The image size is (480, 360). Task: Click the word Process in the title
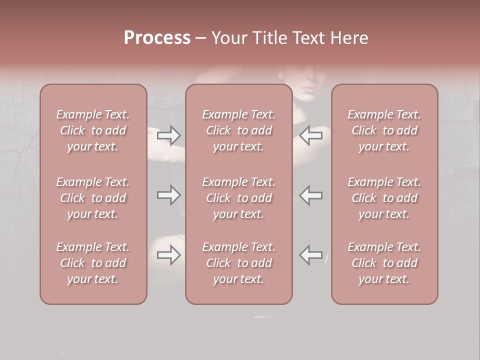157,38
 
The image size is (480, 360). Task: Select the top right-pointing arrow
169,135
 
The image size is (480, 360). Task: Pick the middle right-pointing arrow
169,195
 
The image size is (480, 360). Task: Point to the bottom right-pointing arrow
169,255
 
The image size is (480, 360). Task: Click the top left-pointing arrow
311,135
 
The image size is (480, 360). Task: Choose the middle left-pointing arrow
311,195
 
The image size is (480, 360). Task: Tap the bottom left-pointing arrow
311,255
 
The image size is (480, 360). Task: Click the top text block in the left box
93,130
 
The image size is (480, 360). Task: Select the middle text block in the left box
93,198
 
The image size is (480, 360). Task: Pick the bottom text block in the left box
93,263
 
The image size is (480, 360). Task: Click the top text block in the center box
238,130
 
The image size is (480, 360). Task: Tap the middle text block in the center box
238,198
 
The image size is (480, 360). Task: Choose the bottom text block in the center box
238,263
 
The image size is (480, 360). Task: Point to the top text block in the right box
384,130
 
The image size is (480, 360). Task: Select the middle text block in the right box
384,198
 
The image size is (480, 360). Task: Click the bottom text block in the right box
384,263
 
